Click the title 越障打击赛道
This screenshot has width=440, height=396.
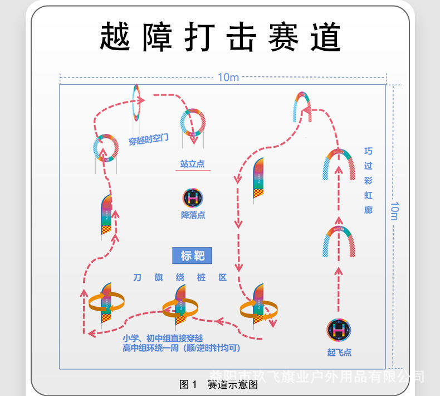click(220, 38)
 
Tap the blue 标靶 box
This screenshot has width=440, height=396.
click(193, 256)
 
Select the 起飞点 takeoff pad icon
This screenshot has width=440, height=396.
click(339, 330)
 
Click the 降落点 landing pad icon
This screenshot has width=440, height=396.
click(193, 198)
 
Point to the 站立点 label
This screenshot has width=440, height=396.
click(192, 164)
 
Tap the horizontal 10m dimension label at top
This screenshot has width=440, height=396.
click(228, 78)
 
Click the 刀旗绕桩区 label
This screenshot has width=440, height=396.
click(179, 277)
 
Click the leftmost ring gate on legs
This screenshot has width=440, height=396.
click(105, 148)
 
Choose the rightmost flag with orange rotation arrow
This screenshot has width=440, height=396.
click(258, 307)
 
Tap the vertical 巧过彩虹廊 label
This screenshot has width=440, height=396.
click(368, 181)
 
